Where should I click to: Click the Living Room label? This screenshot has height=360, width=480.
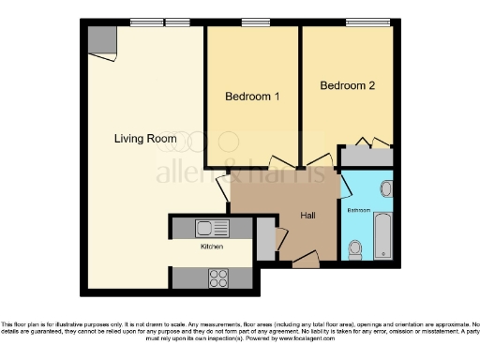[145, 139]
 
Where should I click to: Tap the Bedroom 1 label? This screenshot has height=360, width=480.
[252, 97]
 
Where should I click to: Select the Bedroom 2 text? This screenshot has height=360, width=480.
[347, 86]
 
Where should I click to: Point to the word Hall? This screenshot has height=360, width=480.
[307, 216]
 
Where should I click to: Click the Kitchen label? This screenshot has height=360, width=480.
[211, 247]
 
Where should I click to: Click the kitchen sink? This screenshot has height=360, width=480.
[207, 227]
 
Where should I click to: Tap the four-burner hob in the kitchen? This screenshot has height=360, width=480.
[218, 277]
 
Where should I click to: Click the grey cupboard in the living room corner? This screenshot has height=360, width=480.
[102, 41]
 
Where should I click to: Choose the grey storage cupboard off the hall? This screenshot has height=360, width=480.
[265, 239]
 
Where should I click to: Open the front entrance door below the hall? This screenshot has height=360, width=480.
[305, 263]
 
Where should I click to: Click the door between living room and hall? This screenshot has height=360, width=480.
[223, 187]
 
